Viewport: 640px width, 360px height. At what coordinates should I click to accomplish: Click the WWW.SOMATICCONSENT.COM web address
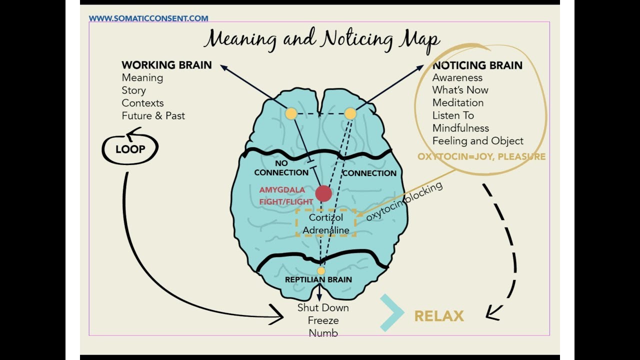click(148, 18)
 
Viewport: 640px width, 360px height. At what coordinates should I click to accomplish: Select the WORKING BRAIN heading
click(166, 65)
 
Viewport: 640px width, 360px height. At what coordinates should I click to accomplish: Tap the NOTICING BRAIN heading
click(477, 65)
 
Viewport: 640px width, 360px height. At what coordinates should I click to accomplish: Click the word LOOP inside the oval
click(130, 149)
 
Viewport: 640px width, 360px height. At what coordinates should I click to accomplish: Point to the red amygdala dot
click(323, 193)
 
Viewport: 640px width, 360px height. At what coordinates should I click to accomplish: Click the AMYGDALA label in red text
click(281, 190)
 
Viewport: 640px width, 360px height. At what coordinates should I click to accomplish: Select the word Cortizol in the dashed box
click(325, 217)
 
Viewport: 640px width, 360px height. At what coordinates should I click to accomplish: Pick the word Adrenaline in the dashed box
click(326, 230)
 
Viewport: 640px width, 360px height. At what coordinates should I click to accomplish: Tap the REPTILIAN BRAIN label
click(318, 279)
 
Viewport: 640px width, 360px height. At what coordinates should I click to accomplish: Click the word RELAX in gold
click(439, 316)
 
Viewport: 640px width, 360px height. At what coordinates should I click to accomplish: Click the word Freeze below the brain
click(323, 320)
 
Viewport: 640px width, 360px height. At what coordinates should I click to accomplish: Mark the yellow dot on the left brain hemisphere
click(291, 114)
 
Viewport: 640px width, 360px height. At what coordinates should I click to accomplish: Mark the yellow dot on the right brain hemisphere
click(350, 114)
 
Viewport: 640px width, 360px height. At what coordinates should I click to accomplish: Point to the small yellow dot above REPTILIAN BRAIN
click(321, 270)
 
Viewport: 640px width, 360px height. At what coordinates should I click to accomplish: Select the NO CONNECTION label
click(281, 168)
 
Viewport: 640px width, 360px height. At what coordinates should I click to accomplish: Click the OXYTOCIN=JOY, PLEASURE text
click(481, 156)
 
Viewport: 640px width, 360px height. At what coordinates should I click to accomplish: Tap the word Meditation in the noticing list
click(458, 102)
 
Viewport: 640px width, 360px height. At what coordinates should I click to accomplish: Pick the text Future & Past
click(153, 115)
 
